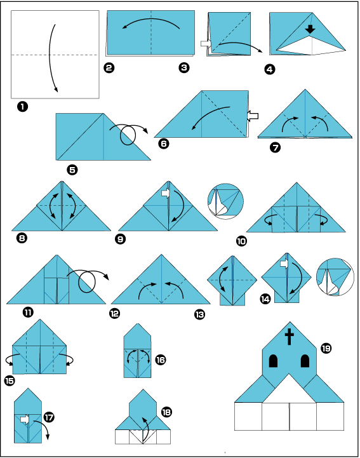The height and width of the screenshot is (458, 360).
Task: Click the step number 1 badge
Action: pos(22,107)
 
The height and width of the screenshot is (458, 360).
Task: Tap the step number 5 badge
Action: pos(72,170)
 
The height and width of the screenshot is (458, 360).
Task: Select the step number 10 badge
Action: pos(241,241)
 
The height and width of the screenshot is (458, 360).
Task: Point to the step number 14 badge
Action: pos(265,299)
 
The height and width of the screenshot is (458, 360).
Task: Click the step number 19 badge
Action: pos(326,348)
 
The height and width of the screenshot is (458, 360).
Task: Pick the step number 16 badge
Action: pos(161,360)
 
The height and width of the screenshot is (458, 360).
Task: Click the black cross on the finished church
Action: pos(290,337)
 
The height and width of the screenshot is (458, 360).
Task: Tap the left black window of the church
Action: pos(273,361)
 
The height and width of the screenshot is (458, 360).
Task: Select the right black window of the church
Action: pos(305,361)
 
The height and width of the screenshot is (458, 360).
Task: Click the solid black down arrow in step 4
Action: pos(310,29)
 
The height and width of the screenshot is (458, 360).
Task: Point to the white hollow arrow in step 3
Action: pos(206,43)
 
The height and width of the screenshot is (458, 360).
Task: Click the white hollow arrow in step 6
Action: pos(253,116)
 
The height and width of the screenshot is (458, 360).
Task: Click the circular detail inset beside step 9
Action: pos(225,201)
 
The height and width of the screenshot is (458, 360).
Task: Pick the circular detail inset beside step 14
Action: pos(335,277)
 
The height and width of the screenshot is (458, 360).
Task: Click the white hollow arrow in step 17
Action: pos(25,420)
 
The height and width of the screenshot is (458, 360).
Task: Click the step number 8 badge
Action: pos(22,238)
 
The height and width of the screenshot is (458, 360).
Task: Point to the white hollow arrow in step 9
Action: pos(166,193)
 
